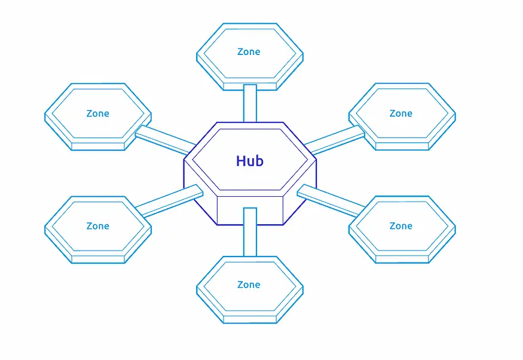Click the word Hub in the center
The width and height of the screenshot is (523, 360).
point(250,161)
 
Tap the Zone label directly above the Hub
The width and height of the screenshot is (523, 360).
point(249,52)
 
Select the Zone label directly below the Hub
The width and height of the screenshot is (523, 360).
point(249,285)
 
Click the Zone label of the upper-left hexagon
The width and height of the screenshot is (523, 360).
point(97,114)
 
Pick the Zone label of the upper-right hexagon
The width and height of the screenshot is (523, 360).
point(400,114)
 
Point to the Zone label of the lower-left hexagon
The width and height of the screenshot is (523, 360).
point(97,226)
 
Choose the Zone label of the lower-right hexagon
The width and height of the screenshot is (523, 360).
point(400,226)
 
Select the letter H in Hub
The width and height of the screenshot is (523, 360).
point(241,161)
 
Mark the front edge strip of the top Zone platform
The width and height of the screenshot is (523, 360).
point(250,87)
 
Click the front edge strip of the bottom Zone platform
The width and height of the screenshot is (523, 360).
point(250,319)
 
